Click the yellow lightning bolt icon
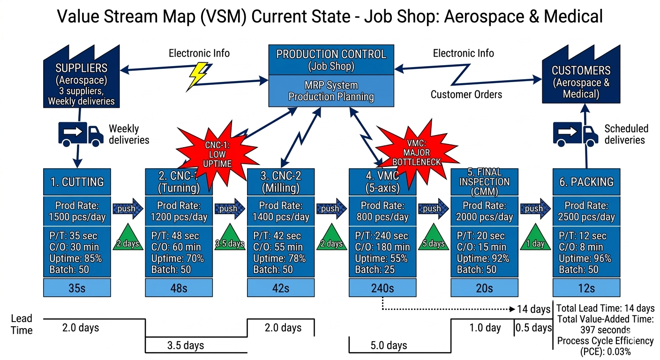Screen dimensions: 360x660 (x=197, y=75)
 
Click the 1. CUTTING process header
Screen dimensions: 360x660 (x=77, y=182)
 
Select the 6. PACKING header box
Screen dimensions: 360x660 (x=586, y=182)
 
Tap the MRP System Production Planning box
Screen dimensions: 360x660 (x=331, y=91)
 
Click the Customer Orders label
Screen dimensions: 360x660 (x=466, y=95)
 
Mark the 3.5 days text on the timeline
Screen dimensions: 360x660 (x=186, y=345)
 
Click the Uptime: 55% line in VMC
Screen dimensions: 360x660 (x=381, y=258)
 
